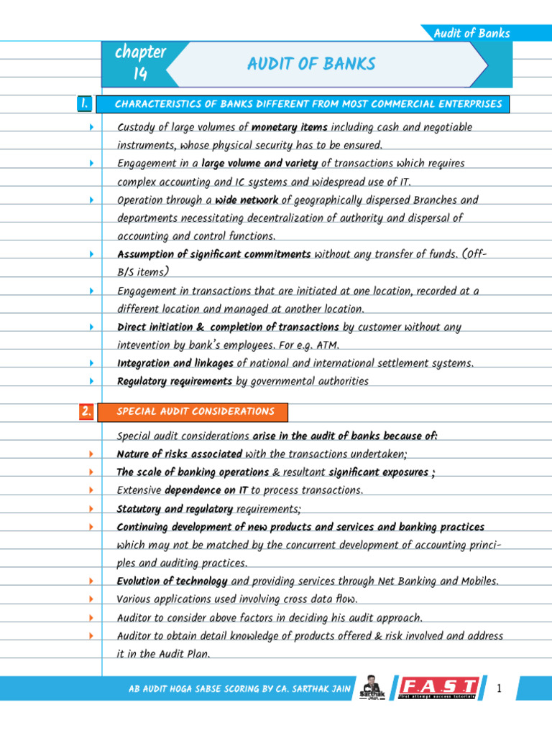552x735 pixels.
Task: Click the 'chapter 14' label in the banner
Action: coord(140,62)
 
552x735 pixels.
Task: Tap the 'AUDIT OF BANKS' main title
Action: coord(311,64)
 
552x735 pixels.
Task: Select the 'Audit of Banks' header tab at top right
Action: coord(471,33)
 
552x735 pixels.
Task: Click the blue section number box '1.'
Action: coord(84,104)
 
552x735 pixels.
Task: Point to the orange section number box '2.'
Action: coord(86,411)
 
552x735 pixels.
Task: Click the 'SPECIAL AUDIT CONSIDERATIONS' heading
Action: coord(195,411)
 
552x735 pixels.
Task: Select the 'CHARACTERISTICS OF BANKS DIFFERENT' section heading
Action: coord(308,104)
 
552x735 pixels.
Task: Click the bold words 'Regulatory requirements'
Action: coord(175,381)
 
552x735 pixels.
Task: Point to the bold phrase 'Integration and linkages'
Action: coord(175,363)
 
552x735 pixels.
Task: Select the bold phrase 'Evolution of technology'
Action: coord(172,581)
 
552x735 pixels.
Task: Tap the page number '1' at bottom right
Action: coord(497,689)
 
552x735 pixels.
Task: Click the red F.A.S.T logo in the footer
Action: coord(439,688)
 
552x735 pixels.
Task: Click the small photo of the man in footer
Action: coord(372,687)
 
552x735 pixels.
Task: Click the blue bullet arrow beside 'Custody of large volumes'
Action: coord(92,127)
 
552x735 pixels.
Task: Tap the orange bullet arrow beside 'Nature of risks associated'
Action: coord(92,454)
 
